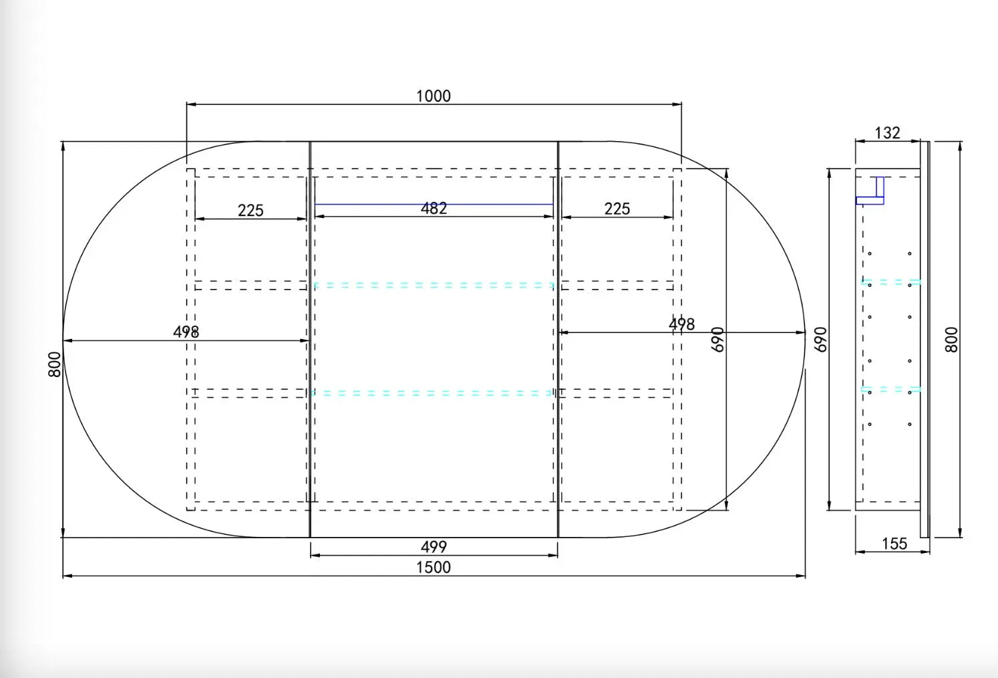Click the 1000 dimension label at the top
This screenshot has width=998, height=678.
[x=433, y=96]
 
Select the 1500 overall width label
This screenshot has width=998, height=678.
[x=433, y=568]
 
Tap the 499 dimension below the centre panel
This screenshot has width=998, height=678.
[x=434, y=546]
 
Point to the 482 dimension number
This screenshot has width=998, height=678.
[x=434, y=209]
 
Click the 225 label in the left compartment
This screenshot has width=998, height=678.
[x=251, y=210]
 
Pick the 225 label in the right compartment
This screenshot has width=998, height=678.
[x=617, y=209]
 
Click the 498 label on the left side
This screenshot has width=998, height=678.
[x=186, y=332]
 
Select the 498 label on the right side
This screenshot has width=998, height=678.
[x=681, y=324]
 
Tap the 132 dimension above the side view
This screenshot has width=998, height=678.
[x=887, y=132]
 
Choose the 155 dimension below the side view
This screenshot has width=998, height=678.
[x=894, y=544]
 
